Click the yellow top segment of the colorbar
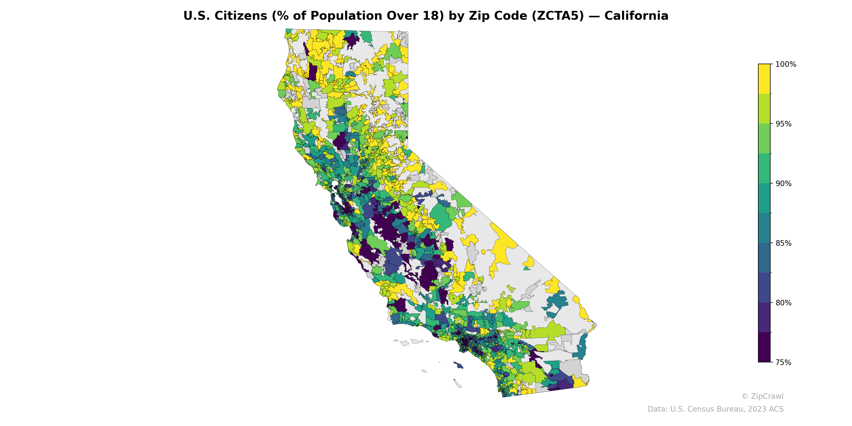pyautogui.click(x=764, y=79)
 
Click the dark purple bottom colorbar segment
pyautogui.click(x=764, y=347)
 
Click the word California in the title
pyautogui.click(x=636, y=16)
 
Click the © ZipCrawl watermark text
pyautogui.click(x=762, y=396)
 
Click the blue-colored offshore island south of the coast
pyautogui.click(x=458, y=365)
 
